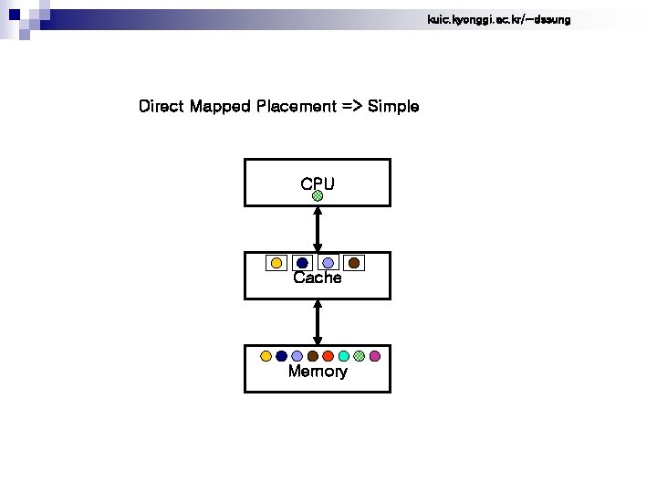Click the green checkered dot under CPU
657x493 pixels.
(x=317, y=195)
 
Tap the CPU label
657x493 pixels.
(x=317, y=184)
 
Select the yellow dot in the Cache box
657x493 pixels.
(x=276, y=263)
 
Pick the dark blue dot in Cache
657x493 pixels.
(x=302, y=263)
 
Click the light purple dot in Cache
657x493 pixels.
(x=328, y=263)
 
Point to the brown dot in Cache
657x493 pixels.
(x=354, y=263)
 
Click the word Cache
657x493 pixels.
(x=318, y=278)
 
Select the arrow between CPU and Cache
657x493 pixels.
(x=318, y=228)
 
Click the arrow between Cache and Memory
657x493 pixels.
(x=318, y=321)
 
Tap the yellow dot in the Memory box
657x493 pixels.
(x=266, y=356)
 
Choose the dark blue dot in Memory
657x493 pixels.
(x=282, y=356)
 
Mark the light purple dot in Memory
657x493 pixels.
(x=297, y=356)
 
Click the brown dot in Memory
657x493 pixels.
(x=313, y=356)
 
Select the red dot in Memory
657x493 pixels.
(x=328, y=356)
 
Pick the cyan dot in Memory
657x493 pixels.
(x=344, y=356)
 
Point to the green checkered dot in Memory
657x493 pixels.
(x=360, y=356)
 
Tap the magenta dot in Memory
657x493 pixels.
(x=375, y=356)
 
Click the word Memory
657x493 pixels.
(x=318, y=372)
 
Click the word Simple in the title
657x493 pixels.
(x=393, y=107)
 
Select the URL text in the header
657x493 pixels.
(x=498, y=19)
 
